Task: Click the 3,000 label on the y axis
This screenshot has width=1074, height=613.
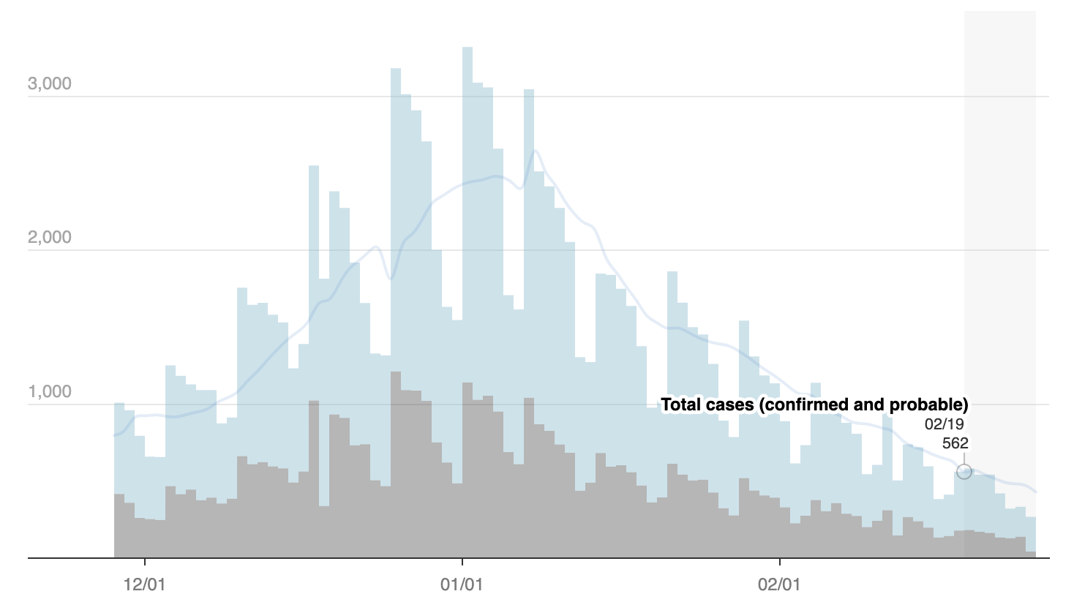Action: (50, 83)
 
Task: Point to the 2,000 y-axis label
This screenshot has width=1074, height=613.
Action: (50, 237)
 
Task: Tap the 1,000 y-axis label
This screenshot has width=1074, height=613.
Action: (50, 391)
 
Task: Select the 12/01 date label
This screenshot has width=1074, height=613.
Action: (145, 585)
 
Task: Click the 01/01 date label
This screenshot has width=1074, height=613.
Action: (462, 585)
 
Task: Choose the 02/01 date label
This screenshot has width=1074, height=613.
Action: (779, 585)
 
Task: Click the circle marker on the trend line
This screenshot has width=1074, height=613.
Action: (964, 472)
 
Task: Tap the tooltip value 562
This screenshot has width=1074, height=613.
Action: (955, 443)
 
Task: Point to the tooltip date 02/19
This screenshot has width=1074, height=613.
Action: (944, 424)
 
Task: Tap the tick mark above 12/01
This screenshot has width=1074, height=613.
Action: (145, 562)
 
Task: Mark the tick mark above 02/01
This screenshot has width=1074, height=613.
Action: (780, 562)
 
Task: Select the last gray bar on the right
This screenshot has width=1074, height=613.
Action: (1031, 554)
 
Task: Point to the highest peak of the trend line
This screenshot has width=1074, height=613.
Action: (535, 151)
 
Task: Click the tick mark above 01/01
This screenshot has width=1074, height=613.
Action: (462, 562)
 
